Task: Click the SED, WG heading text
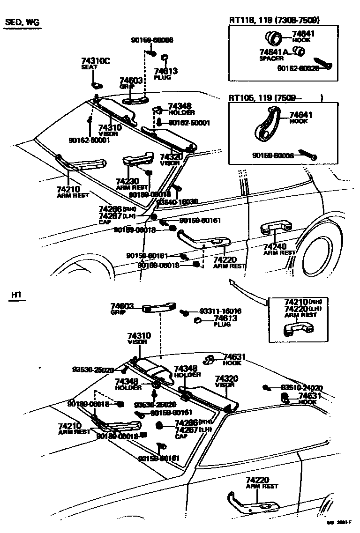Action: click(x=21, y=23)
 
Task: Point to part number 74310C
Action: click(x=95, y=61)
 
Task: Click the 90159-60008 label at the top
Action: click(x=152, y=40)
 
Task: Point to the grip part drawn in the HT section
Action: click(x=158, y=307)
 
